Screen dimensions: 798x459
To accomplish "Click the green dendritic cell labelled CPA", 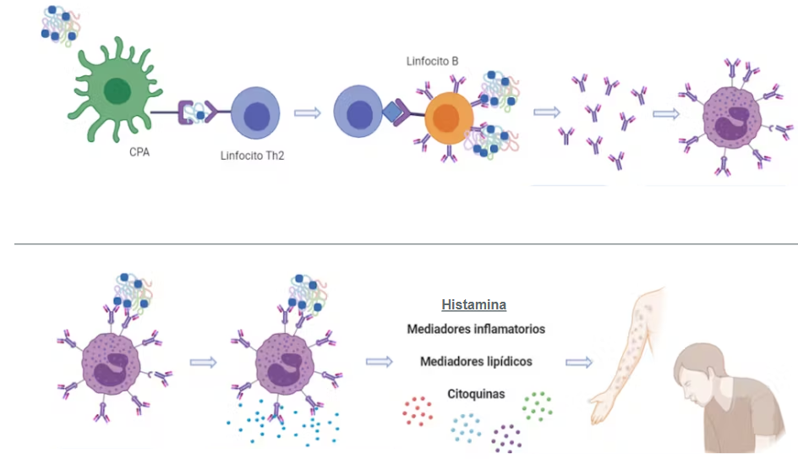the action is click(116, 91).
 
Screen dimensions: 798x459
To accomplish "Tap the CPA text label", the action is click(139, 152).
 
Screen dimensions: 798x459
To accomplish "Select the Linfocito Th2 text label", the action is click(252, 156).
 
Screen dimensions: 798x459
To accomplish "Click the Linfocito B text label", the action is click(432, 62).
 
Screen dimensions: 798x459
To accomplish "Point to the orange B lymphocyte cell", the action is click(448, 118).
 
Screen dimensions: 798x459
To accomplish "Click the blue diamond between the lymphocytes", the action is click(393, 112).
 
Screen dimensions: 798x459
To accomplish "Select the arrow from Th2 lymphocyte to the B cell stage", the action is click(308, 112).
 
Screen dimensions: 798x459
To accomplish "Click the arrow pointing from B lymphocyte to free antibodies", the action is click(547, 112).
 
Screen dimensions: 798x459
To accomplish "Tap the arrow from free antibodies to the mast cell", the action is click(665, 114).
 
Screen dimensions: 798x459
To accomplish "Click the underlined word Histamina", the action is click(473, 305).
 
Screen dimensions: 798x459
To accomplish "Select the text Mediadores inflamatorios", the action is click(476, 329).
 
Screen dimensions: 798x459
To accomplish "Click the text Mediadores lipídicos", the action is click(476, 362).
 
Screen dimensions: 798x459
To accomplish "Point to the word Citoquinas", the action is click(476, 394).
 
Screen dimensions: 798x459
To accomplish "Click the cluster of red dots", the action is click(418, 411).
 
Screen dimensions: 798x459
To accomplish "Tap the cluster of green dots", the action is click(538, 406).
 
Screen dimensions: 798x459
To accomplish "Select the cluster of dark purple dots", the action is click(506, 438).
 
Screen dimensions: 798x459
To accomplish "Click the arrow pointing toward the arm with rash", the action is click(579, 363).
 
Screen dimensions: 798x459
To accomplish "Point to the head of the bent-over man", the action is click(697, 371).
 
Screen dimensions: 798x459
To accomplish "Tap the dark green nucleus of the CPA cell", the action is click(118, 91).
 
